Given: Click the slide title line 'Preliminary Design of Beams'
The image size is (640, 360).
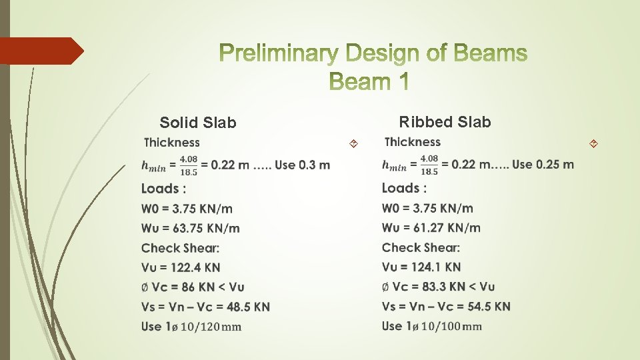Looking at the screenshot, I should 372,53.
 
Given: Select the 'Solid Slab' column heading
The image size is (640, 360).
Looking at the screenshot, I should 198,123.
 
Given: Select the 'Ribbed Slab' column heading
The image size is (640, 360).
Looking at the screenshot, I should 445,122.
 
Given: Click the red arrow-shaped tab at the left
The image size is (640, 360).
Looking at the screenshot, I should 41,51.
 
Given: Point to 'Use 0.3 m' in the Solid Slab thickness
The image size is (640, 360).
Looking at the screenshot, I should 303,165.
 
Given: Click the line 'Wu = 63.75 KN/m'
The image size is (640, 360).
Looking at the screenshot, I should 190,228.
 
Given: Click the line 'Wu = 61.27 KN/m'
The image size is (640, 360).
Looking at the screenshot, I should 431,227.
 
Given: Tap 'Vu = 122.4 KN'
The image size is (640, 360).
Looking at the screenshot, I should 180,267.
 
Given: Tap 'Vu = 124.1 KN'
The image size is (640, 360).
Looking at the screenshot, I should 421,267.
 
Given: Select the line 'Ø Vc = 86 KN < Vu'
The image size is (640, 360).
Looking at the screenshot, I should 193,287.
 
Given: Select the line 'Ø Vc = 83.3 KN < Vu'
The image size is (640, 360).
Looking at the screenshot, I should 438,287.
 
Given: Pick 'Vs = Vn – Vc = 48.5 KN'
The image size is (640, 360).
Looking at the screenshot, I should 205,307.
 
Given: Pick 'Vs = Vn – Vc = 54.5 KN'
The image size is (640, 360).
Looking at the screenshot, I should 446,306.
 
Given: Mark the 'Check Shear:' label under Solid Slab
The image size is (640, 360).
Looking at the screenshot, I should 180,248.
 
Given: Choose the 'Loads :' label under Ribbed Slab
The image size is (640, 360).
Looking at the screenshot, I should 404,188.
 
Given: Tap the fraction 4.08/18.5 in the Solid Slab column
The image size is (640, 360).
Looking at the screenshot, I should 188,165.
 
